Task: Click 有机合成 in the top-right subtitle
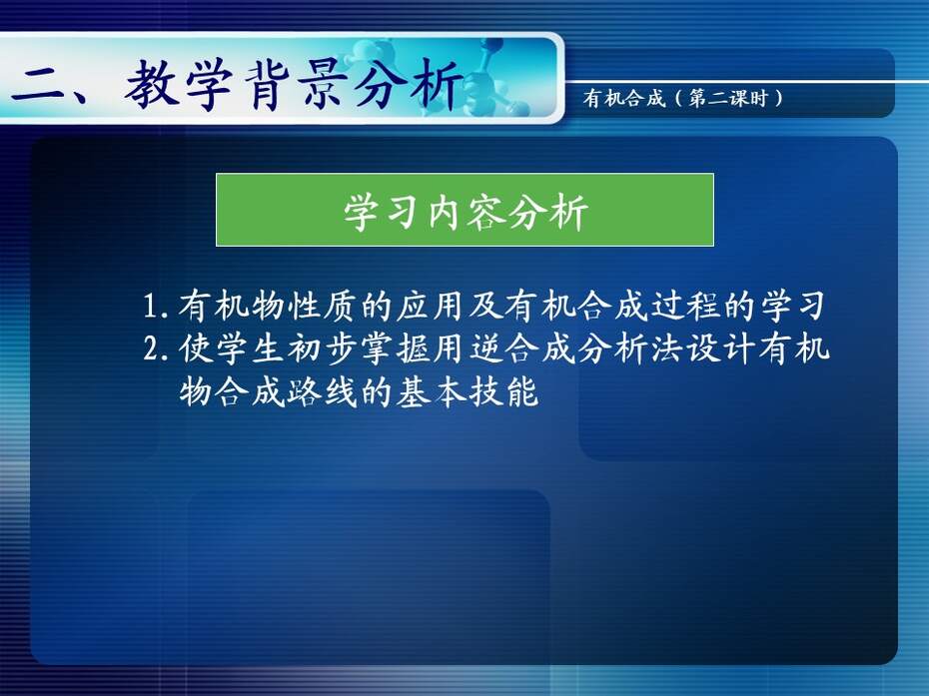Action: point(624,98)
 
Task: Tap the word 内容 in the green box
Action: point(465,212)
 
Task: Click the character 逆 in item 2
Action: point(486,348)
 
